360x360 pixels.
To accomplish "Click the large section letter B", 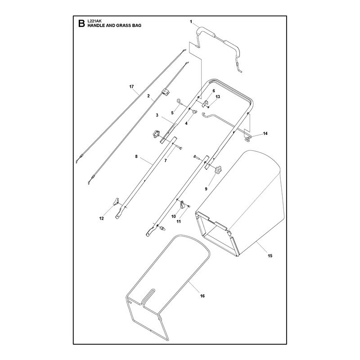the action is click(x=81, y=23).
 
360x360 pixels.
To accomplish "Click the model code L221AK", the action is click(x=93, y=21).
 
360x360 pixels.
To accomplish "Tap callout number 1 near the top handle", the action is click(x=191, y=22).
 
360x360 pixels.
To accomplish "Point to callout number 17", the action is click(x=131, y=86).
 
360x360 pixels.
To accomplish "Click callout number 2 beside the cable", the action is click(x=148, y=96).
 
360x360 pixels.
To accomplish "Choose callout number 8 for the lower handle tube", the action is click(x=136, y=156).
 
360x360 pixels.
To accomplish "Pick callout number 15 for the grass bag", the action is click(x=270, y=256).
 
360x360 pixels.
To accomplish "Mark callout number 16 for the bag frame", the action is click(x=202, y=296).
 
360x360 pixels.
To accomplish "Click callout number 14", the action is click(x=265, y=133).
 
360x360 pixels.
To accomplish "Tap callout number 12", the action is click(x=102, y=218).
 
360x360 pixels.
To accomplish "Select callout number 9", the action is click(x=206, y=189).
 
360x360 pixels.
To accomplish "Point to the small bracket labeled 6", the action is click(x=205, y=103).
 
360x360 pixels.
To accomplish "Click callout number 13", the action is click(x=218, y=97).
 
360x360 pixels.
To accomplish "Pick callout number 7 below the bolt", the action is click(x=166, y=161).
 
